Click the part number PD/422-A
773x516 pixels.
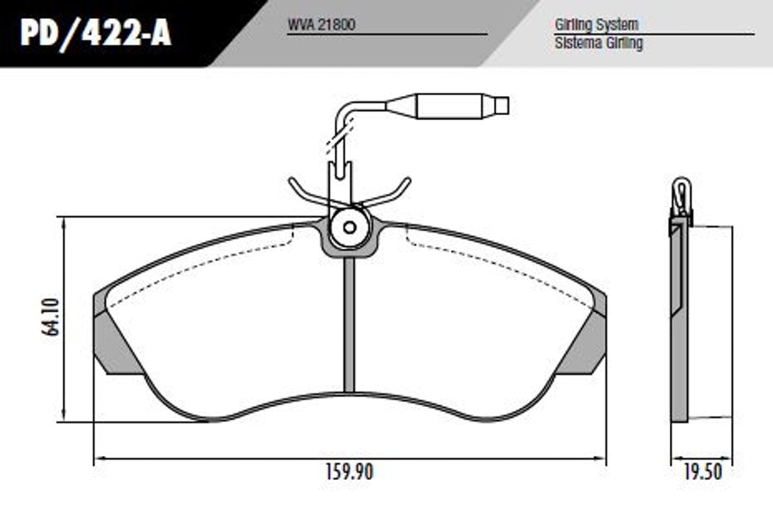click(95, 33)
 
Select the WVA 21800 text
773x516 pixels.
click(321, 25)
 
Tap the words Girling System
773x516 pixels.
click(597, 25)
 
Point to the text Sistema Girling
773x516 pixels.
click(599, 43)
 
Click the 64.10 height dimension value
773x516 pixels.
click(51, 317)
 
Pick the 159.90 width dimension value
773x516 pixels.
click(350, 472)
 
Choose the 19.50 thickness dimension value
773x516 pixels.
click(703, 472)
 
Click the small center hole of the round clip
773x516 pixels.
click(350, 228)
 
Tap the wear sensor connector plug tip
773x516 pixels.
click(502, 106)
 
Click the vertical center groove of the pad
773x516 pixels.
click(349, 325)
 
